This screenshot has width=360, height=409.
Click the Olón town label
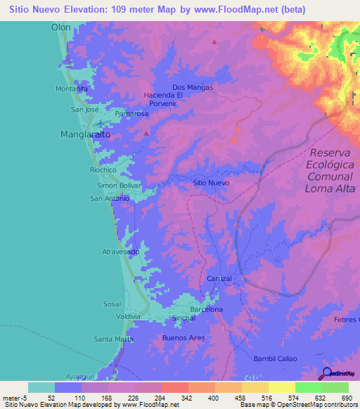(x=62, y=27)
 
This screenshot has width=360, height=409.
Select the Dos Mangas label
(x=191, y=88)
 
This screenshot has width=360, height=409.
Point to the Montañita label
(x=72, y=89)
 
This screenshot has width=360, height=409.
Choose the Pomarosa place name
(x=131, y=113)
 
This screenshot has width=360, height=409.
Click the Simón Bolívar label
(x=119, y=185)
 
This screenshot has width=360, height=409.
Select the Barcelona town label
(x=206, y=309)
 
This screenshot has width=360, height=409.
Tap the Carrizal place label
(x=219, y=279)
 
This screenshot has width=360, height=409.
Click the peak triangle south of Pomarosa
(x=146, y=132)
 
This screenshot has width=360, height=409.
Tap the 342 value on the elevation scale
(x=188, y=398)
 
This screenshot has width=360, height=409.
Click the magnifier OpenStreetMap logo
(x=328, y=374)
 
